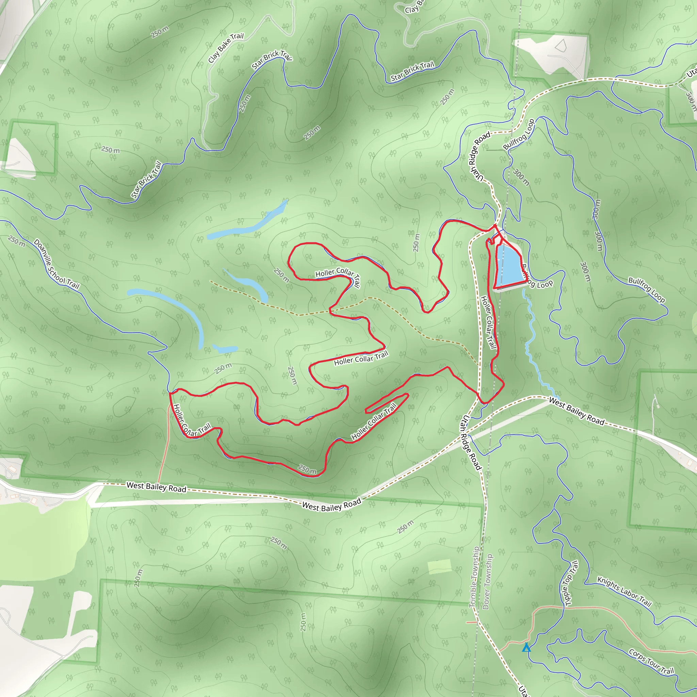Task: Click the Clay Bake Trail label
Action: [x=226, y=48]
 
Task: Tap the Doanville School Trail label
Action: [x=56, y=264]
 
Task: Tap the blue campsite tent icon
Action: [x=526, y=648]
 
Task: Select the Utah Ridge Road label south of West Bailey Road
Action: [x=471, y=443]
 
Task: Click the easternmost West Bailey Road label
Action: [x=576, y=411]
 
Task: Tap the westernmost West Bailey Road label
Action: [x=156, y=487]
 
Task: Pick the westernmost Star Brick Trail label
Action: [x=146, y=180]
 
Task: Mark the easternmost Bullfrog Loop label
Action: [x=647, y=290]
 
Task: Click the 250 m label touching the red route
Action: [x=307, y=469]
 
